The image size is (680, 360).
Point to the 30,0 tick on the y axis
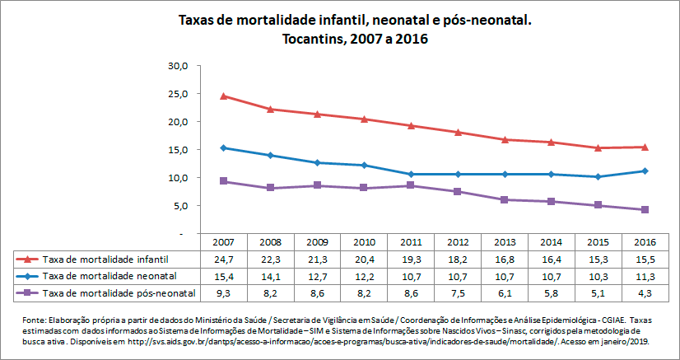tap(179, 66)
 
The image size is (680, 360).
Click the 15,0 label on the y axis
tap(179, 150)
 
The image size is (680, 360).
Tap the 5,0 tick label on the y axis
tap(181, 206)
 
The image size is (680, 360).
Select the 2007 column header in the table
tap(223, 243)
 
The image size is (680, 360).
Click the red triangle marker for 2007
tap(224, 96)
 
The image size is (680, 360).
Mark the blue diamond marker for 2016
tap(645, 171)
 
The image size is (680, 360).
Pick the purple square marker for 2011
tap(411, 185)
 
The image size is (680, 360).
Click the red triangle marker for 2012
tap(458, 133)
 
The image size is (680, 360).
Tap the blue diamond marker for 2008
tap(271, 155)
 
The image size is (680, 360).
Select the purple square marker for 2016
tap(645, 210)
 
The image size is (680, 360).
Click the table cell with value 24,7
tap(223, 259)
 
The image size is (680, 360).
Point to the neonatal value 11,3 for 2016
tap(644, 276)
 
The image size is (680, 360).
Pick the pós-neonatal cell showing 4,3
tap(644, 292)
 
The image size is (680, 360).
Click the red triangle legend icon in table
tap(30, 259)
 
